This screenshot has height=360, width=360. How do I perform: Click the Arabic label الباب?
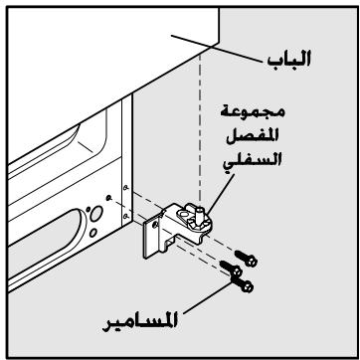[288, 59]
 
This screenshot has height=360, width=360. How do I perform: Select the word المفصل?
[253, 136]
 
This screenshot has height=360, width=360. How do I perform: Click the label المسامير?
[140, 322]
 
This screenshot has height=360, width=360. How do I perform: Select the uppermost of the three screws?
[246, 259]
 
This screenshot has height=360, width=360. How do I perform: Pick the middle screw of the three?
[231, 268]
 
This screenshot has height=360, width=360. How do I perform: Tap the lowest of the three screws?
[243, 284]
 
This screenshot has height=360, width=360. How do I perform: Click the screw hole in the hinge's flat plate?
[155, 225]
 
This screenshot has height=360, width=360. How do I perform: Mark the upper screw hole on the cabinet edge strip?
[125, 188]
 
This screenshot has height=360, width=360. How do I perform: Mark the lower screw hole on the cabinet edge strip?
[125, 216]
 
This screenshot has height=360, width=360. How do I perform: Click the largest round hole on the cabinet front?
[96, 214]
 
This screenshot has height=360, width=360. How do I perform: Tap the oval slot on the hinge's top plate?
[183, 211]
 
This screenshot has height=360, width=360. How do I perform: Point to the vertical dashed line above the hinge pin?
[200, 127]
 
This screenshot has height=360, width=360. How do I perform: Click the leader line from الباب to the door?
[217, 49]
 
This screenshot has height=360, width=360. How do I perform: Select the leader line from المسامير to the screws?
[208, 296]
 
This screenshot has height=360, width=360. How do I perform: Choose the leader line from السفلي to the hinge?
[220, 194]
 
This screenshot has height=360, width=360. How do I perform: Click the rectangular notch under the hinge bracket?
[169, 244]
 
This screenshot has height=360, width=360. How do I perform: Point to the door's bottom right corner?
[219, 43]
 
